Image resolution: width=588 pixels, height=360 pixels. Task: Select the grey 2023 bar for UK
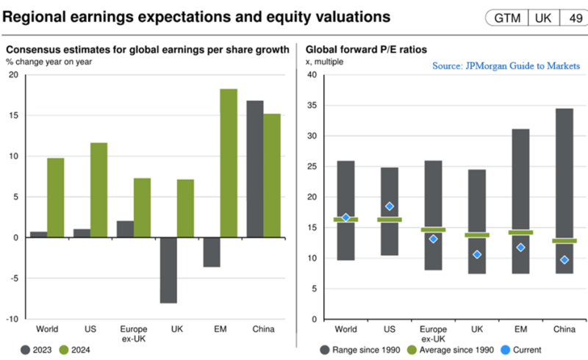[168, 270]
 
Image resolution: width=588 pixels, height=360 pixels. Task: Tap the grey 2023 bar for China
[255, 169]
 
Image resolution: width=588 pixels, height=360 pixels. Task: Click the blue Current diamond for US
[390, 206]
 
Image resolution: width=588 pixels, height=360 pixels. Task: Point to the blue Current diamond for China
[564, 259]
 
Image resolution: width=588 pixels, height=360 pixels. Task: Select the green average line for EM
[520, 232]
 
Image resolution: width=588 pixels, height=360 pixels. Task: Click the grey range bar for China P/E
[564, 191]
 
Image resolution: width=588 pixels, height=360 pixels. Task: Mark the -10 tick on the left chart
[12, 319]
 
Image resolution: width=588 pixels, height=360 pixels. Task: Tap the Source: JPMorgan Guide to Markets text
[507, 65]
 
